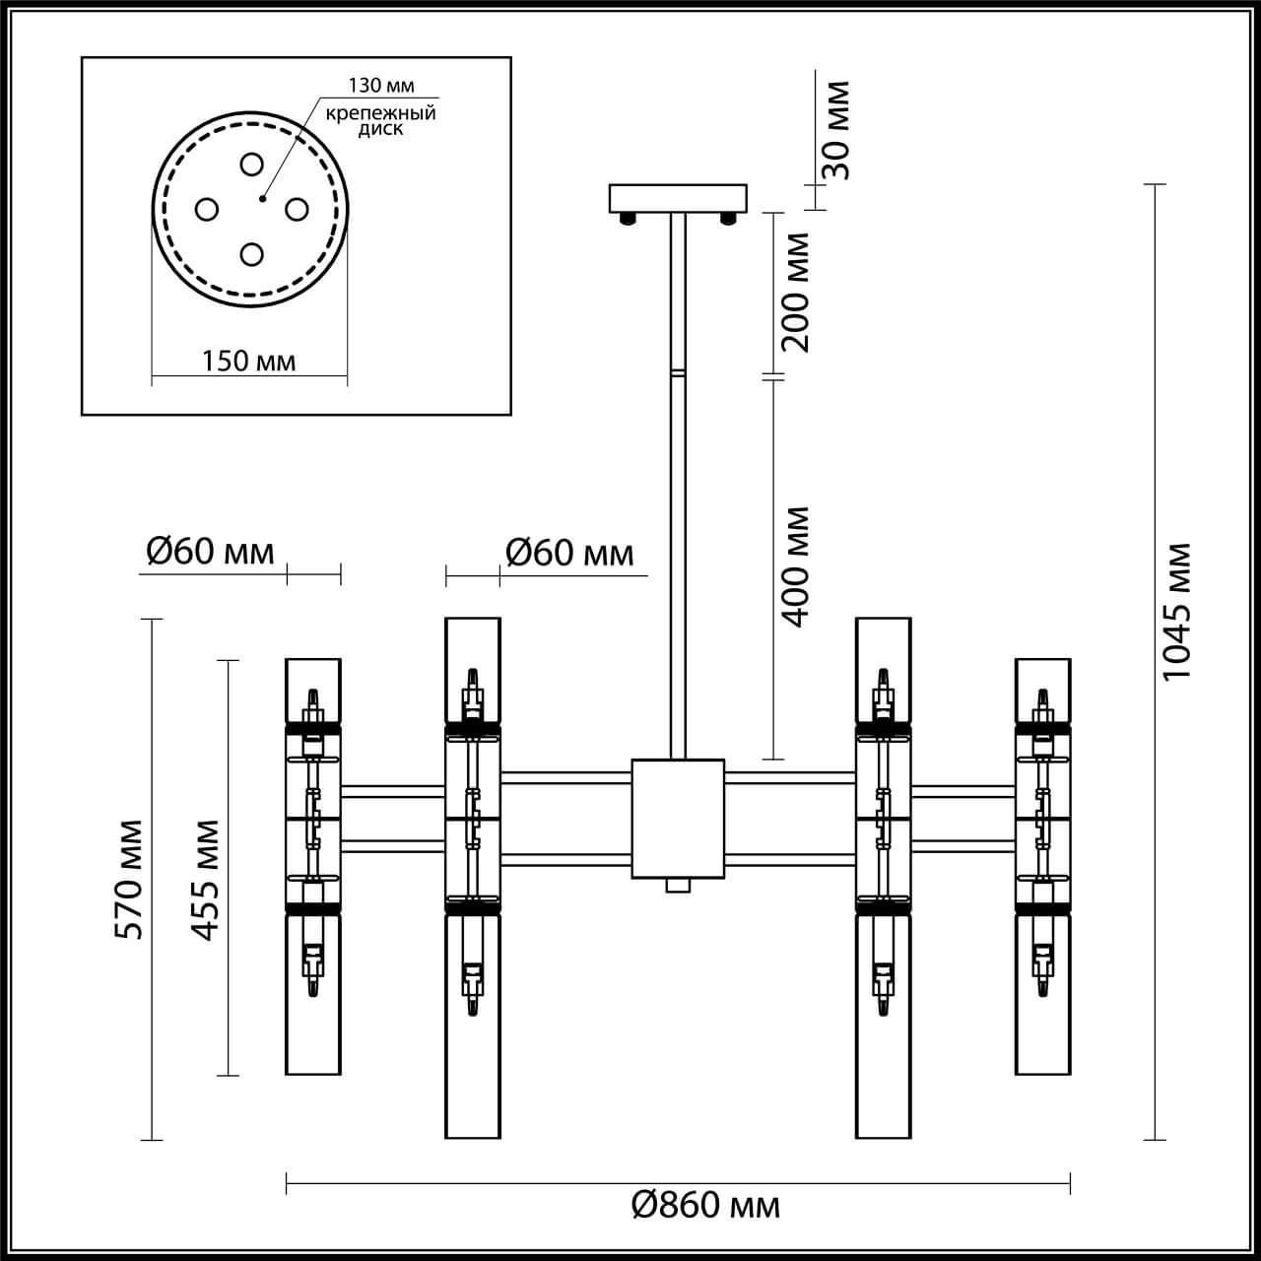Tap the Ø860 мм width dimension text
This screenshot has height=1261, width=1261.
click(x=705, y=1204)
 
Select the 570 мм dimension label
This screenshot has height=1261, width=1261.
click(x=130, y=879)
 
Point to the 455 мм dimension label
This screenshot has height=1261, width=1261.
click(x=206, y=879)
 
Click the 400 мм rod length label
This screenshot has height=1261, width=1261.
click(x=794, y=566)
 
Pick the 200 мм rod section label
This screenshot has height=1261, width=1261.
click(x=794, y=293)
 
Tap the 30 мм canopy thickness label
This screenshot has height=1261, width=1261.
click(x=835, y=128)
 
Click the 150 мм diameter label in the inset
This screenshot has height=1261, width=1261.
click(x=248, y=362)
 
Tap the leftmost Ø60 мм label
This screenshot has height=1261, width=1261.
click(x=210, y=552)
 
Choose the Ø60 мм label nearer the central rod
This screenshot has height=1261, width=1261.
click(x=569, y=552)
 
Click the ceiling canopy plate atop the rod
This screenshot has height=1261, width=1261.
click(x=678, y=198)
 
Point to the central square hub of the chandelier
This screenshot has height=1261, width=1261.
click(x=677, y=818)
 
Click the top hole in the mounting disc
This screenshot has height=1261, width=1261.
click(x=251, y=164)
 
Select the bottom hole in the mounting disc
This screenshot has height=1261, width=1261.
click(x=251, y=255)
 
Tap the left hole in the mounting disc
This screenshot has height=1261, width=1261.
click(x=206, y=210)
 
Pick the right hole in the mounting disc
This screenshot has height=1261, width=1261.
click(x=297, y=210)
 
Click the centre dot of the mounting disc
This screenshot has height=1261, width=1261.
click(x=262, y=199)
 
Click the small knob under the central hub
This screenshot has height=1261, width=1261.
click(x=677, y=886)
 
